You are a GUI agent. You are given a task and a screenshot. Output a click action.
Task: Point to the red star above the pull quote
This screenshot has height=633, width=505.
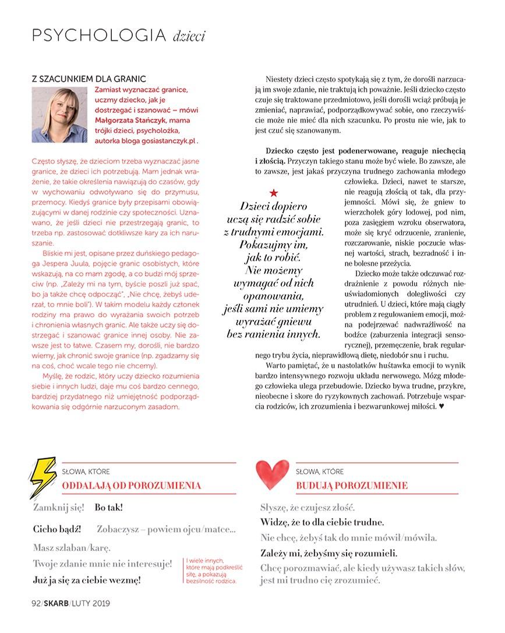point(275,193)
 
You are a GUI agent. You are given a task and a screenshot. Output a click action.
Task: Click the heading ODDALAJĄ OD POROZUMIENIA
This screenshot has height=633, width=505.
point(131,485)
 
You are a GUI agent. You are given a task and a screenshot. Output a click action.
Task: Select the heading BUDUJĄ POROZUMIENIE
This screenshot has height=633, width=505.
point(352,486)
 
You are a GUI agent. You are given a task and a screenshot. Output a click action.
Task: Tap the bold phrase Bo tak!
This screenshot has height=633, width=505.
point(109,508)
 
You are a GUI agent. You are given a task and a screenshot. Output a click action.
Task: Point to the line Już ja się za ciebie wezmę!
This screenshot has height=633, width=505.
point(87,581)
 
